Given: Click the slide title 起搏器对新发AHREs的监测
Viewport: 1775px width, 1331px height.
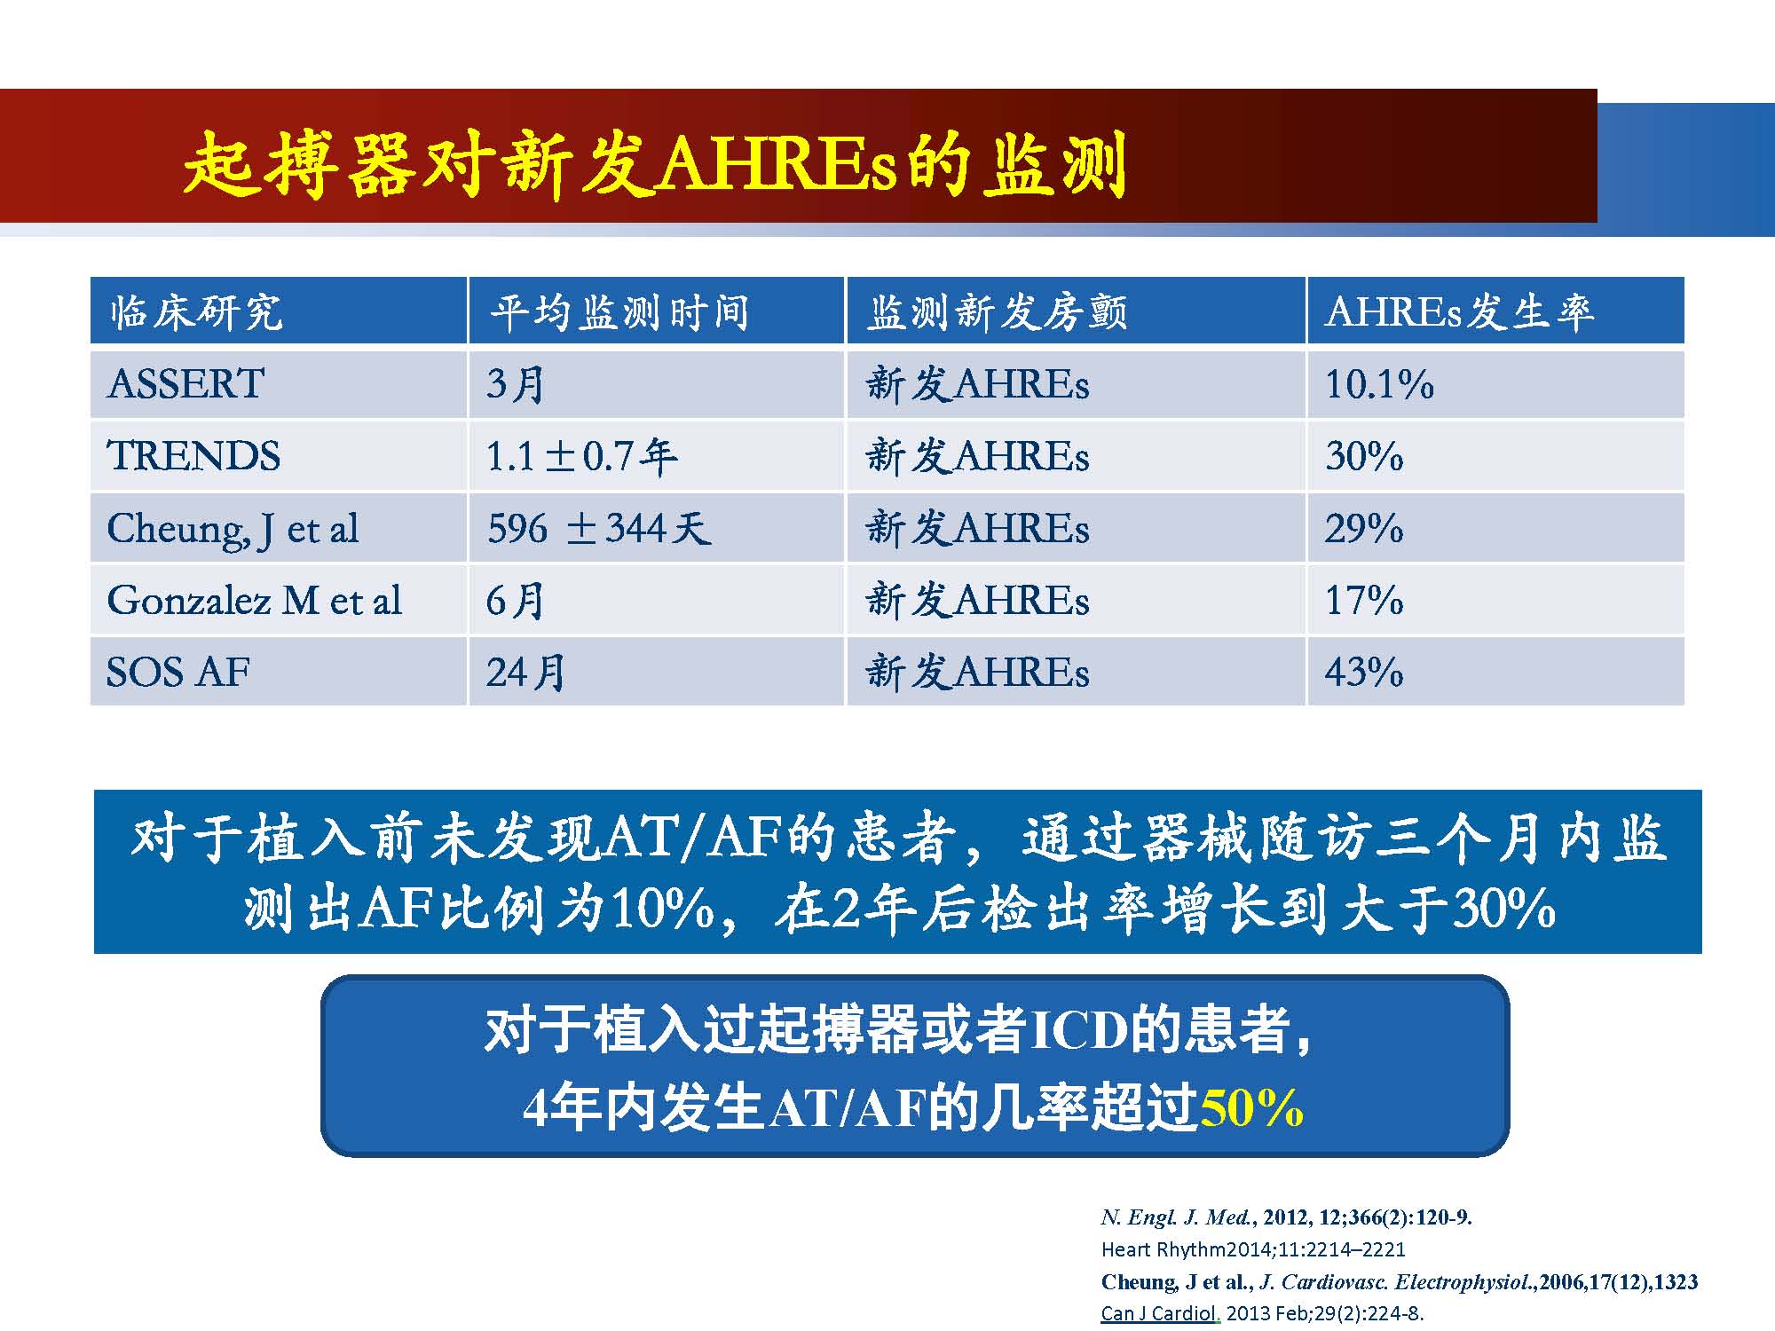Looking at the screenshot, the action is coord(655,164).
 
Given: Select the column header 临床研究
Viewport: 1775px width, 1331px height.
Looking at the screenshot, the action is coord(196,311).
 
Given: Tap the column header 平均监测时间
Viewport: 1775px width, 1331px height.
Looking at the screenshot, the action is coord(619,311).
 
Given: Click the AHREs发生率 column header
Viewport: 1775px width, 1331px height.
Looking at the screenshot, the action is coord(1459,311).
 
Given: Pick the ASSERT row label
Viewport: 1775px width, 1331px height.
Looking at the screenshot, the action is coord(185,384).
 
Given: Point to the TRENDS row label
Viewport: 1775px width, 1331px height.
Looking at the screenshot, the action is coord(193,456).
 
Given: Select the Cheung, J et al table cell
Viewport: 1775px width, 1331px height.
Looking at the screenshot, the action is coord(233,529).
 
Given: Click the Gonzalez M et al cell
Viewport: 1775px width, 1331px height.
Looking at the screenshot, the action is coord(254,601).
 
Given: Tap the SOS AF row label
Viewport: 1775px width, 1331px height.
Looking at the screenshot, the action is coord(177,673).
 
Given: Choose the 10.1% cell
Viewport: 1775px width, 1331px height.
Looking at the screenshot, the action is coord(1379,384).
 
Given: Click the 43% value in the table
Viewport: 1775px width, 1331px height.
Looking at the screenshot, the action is coord(1364,673).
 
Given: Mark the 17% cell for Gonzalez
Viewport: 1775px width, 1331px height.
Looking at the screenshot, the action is coord(1364,601).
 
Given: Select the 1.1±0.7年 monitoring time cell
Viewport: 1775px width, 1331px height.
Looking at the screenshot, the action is coord(582,456).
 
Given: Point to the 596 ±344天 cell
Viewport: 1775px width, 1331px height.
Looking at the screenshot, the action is coord(599,529).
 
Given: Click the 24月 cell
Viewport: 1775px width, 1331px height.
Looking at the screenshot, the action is coord(525,673).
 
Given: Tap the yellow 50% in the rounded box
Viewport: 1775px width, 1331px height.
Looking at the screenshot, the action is coord(1251,1107).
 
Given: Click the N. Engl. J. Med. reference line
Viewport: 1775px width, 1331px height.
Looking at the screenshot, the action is coord(1286,1217).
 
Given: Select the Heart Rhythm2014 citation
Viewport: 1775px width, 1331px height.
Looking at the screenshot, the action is coord(1253,1249).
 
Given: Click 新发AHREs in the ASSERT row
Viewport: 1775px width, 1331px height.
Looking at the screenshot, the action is coord(977,384).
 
